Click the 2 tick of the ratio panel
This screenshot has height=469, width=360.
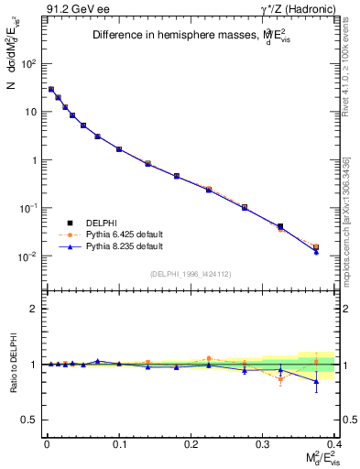32,309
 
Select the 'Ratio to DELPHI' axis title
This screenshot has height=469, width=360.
13,364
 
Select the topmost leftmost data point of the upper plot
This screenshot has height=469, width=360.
51,90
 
